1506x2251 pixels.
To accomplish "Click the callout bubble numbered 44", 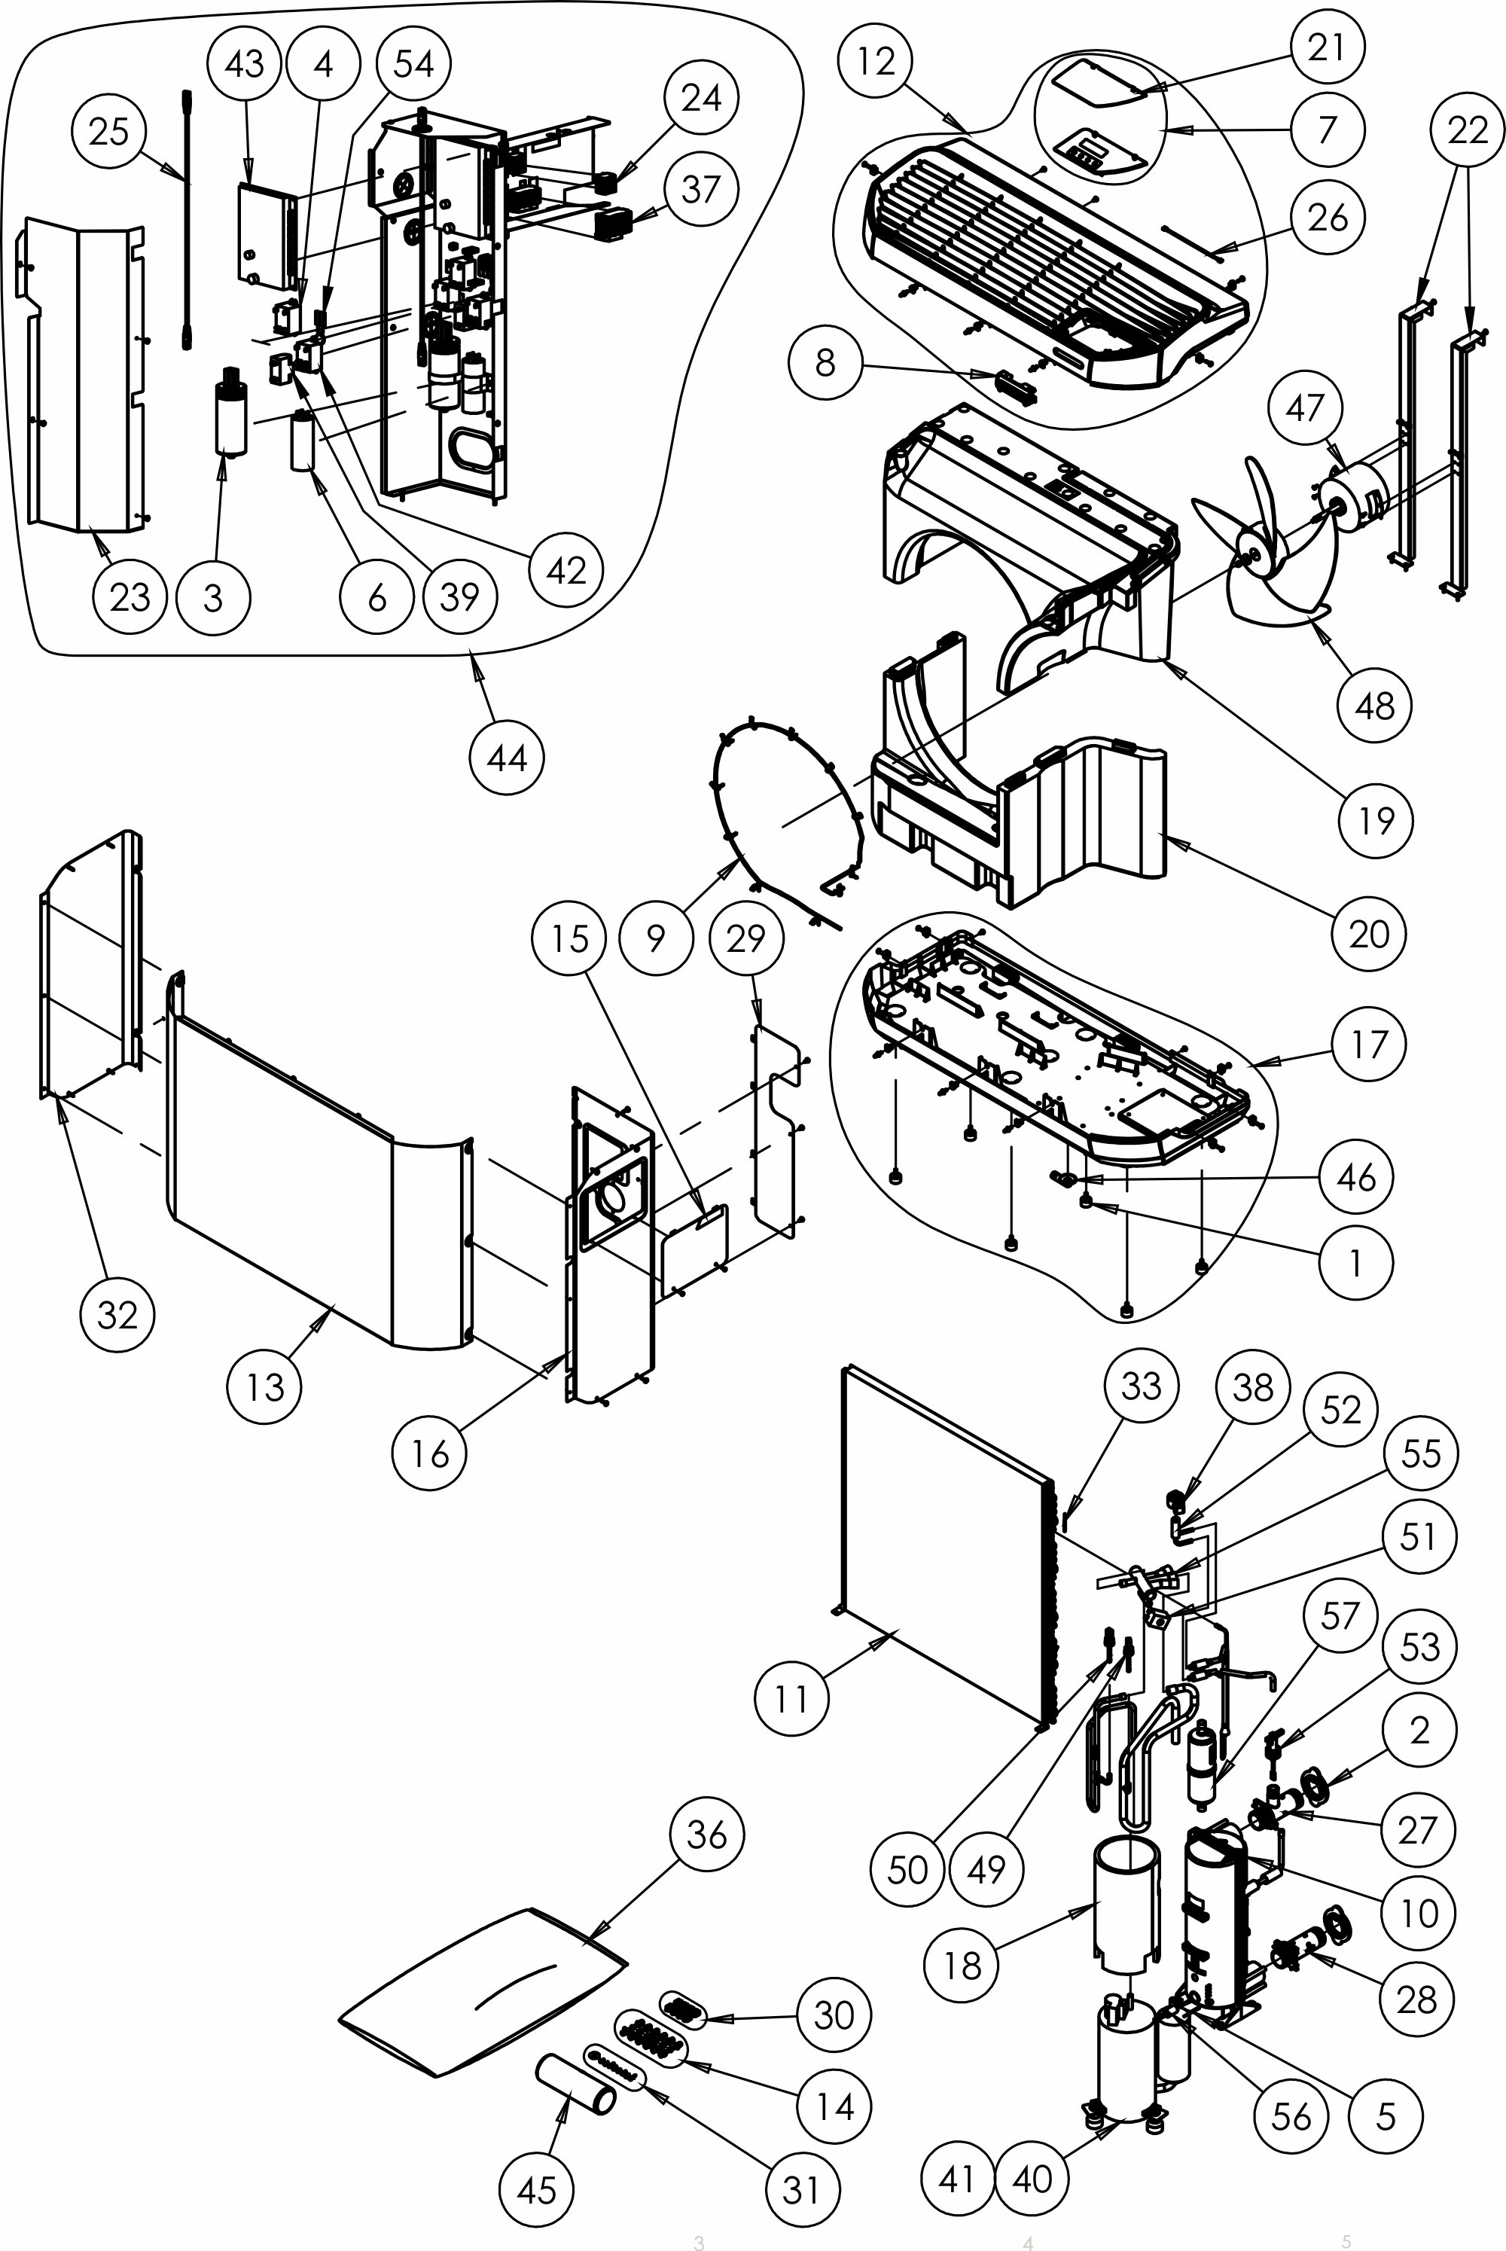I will point(507,758).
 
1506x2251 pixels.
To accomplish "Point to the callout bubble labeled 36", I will point(707,1835).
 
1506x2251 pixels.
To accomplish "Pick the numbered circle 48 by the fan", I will point(1374,706).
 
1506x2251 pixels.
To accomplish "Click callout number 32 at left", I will point(118,1315).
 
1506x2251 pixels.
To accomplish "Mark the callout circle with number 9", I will point(656,938).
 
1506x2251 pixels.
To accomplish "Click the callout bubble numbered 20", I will point(1369,932).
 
